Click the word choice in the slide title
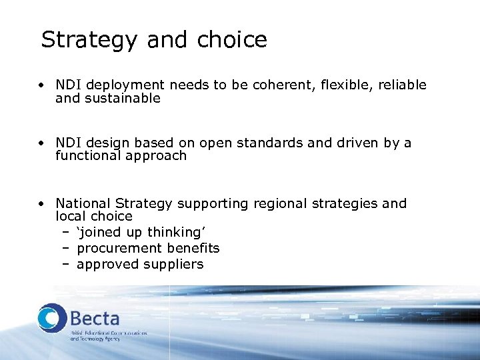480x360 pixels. click(232, 40)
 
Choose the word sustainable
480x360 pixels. click(123, 99)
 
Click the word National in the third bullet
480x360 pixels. click(83, 203)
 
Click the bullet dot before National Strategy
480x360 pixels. click(41, 203)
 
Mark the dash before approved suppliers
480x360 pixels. click(66, 265)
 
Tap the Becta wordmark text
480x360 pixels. click(95, 318)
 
